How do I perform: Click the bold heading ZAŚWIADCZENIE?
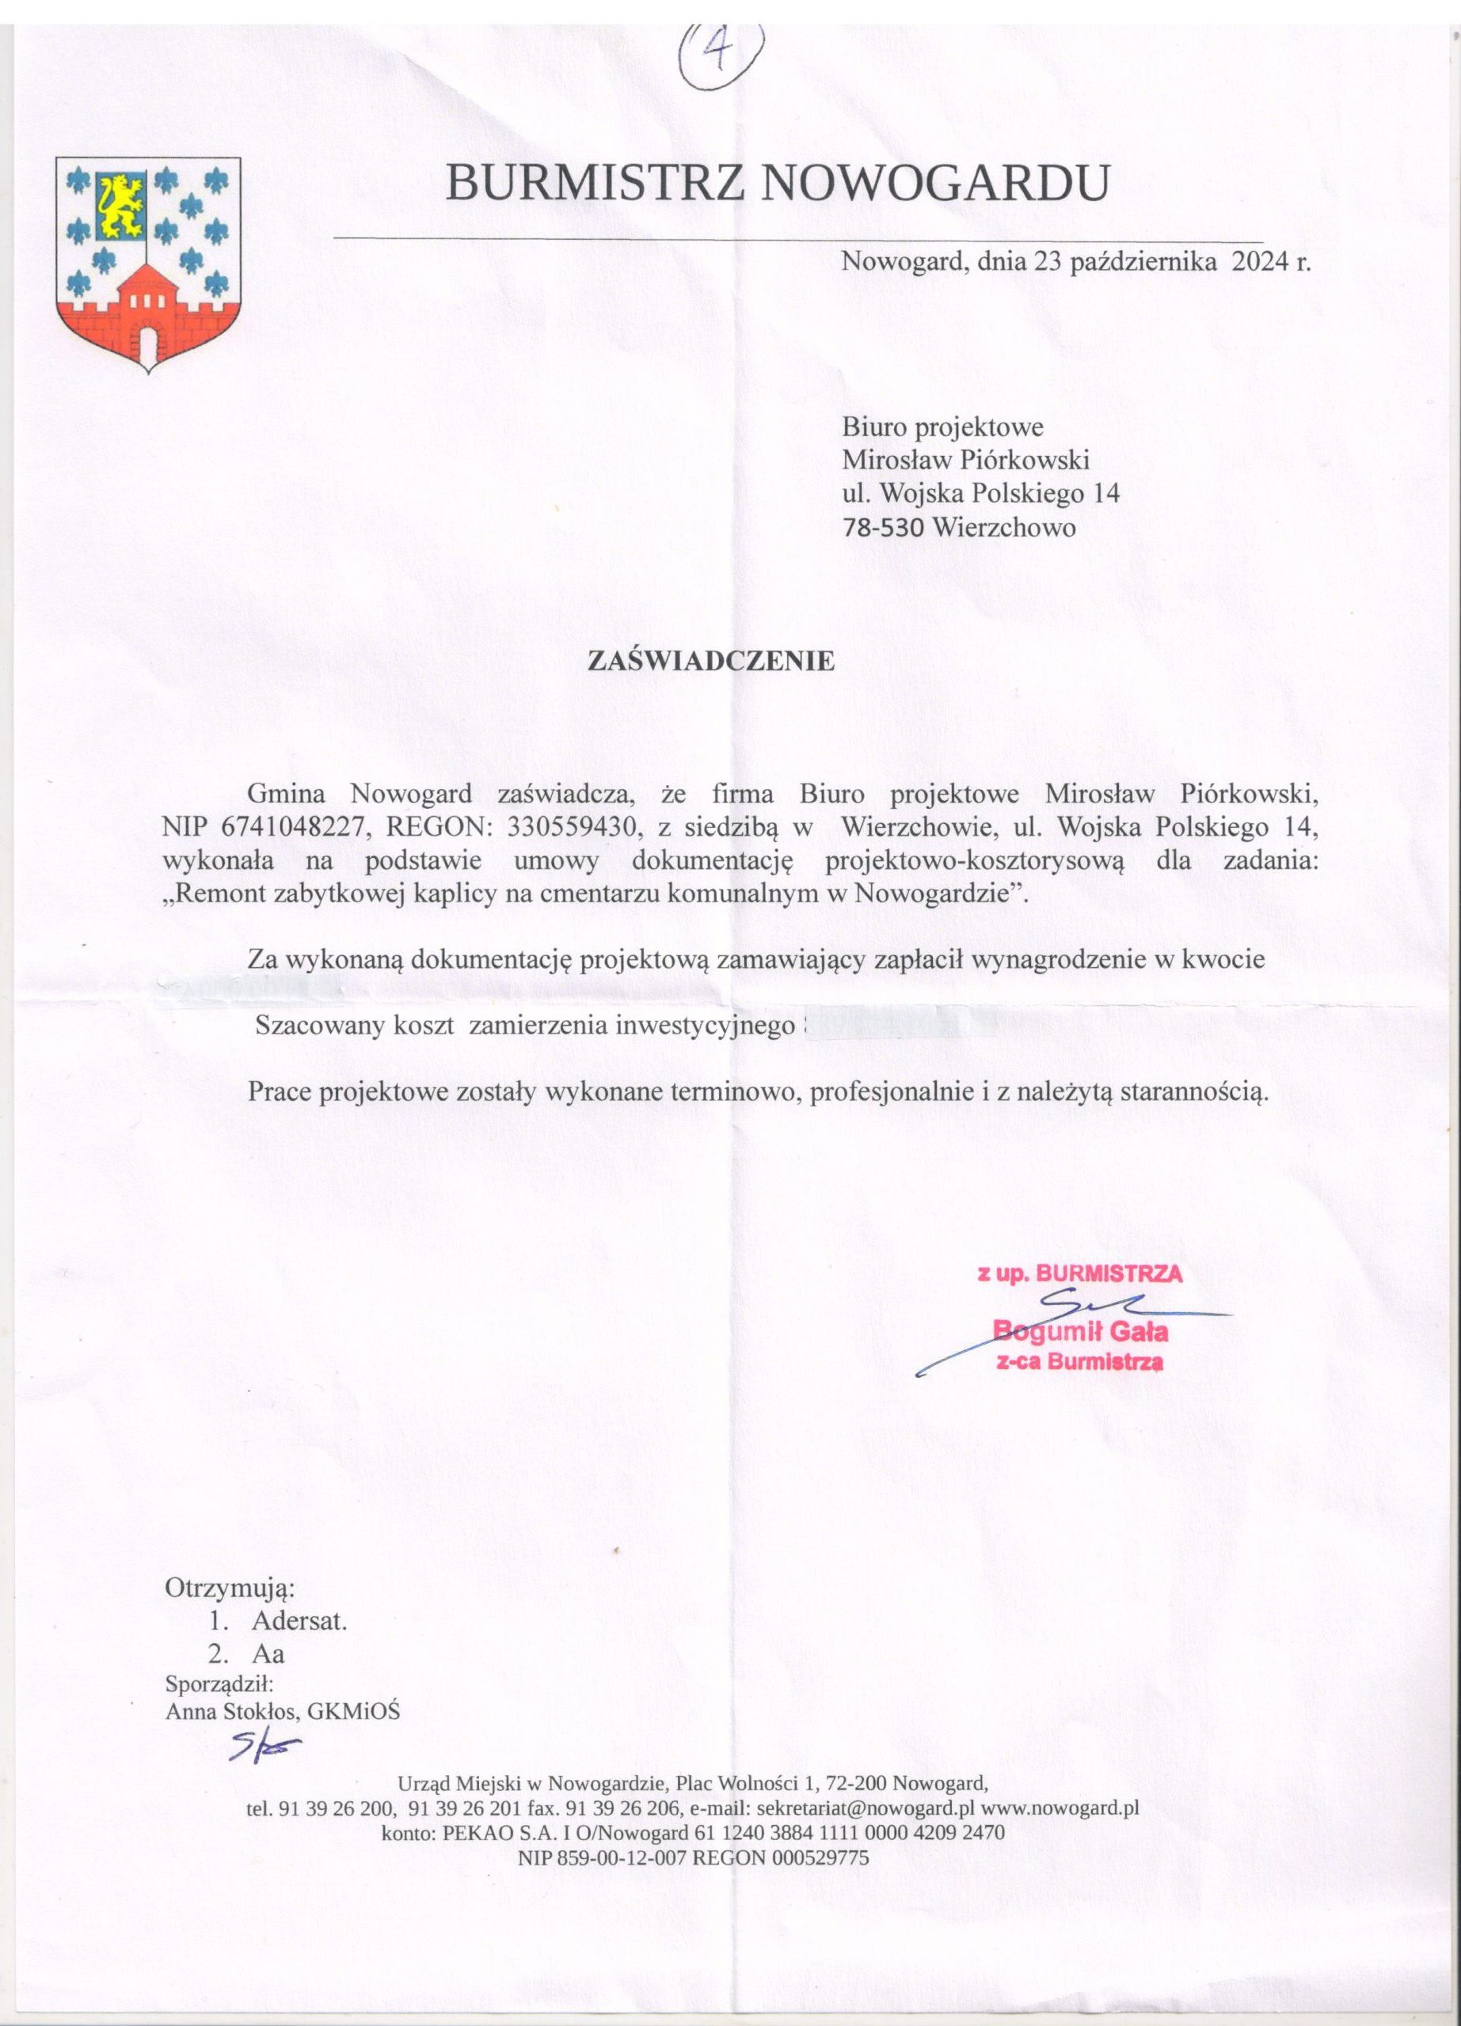[x=710, y=661]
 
